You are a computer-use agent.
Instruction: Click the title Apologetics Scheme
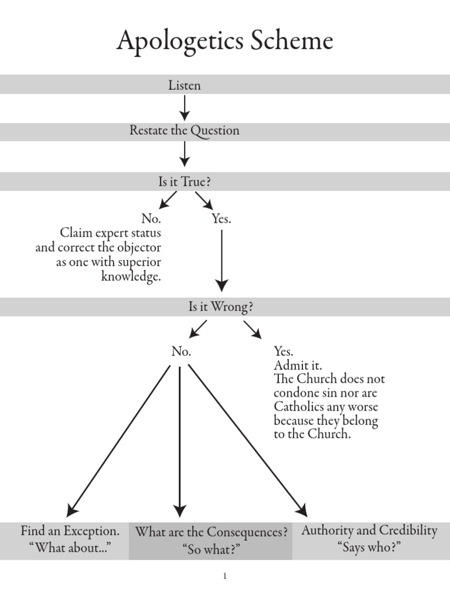click(x=225, y=42)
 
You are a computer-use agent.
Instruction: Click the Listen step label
click(x=185, y=86)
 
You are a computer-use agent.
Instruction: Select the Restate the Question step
click(x=185, y=131)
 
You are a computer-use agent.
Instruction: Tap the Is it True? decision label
click(x=185, y=182)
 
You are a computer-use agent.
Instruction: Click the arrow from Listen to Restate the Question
click(x=185, y=108)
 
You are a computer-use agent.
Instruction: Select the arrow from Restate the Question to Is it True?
click(x=185, y=154)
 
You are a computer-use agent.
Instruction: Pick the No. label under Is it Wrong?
click(x=181, y=352)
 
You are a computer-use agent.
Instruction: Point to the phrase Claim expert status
click(x=111, y=233)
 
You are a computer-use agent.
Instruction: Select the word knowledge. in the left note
click(x=131, y=277)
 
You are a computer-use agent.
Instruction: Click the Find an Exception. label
click(x=70, y=531)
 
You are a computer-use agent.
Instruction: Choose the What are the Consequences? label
click(x=212, y=533)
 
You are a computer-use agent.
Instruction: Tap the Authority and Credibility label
click(x=369, y=531)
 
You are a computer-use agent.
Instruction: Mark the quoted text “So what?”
click(x=212, y=550)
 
